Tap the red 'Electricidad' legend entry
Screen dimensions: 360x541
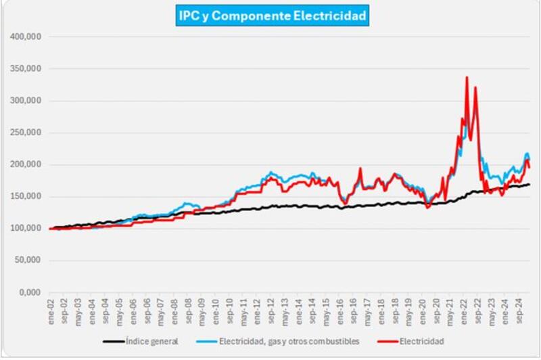tap(424, 341)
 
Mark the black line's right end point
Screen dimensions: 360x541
tap(529, 184)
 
